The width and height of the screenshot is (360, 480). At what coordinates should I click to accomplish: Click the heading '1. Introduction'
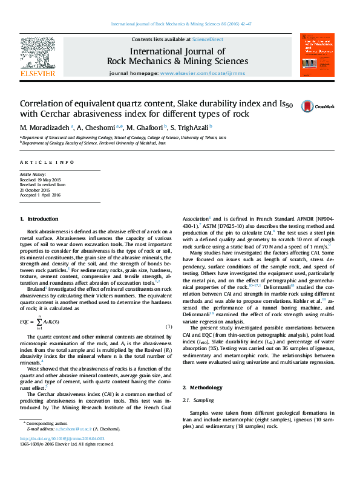(39, 218)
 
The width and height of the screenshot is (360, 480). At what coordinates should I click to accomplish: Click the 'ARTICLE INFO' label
(47, 162)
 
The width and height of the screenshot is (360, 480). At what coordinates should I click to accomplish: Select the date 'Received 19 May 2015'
(41, 180)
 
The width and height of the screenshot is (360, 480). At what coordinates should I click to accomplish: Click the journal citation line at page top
(180, 24)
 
